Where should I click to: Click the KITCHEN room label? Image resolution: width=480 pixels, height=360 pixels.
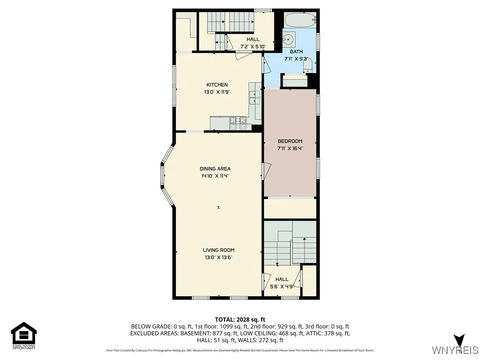[x=216, y=85]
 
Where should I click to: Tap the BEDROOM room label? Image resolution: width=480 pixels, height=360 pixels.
[x=290, y=141]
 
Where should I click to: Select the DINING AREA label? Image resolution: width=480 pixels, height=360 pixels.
[x=215, y=169]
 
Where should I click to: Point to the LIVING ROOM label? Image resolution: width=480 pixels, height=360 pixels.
[x=218, y=250]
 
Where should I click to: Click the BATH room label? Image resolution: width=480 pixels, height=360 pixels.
[x=296, y=52]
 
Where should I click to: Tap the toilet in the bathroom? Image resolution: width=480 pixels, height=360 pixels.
[x=308, y=67]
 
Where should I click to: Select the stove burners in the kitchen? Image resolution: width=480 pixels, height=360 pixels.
[x=238, y=123]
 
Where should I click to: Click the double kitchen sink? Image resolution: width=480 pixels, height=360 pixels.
[x=255, y=97]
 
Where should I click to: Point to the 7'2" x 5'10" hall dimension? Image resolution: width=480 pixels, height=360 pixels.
[x=253, y=46]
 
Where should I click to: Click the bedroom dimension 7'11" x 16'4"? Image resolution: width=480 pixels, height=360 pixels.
[x=290, y=149]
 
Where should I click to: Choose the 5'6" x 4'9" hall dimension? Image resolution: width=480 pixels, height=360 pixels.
[x=282, y=286]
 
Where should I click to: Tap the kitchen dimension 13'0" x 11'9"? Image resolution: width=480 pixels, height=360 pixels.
[x=216, y=92]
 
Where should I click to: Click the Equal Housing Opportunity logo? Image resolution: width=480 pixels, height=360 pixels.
[x=24, y=335]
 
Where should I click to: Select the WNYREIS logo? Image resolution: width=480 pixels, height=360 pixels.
[x=455, y=346]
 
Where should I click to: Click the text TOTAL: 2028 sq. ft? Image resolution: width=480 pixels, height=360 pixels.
[x=240, y=319]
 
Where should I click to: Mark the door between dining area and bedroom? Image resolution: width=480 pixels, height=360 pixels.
[x=266, y=171]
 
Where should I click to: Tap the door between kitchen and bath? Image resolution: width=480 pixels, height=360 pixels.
[x=266, y=65]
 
